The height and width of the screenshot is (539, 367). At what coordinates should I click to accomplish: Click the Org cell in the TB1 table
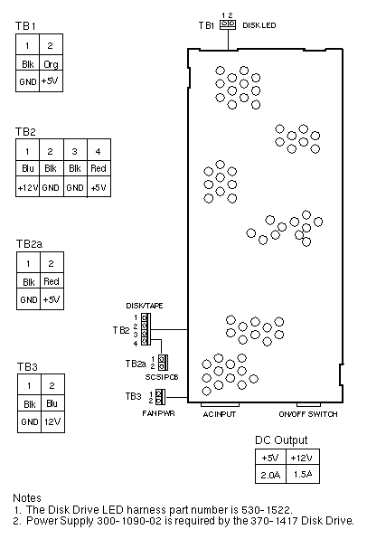coord(52,63)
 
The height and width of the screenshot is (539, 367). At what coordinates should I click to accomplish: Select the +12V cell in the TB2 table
coord(27,187)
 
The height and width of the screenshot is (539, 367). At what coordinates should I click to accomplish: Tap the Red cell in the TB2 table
coord(99,168)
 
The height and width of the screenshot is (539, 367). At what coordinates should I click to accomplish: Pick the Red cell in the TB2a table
coord(52,281)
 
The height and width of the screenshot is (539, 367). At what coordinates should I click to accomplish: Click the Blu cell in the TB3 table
coord(52,403)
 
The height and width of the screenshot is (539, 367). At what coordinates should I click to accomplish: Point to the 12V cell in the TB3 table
coord(52,421)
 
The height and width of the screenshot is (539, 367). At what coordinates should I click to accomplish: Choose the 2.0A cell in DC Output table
coord(270,475)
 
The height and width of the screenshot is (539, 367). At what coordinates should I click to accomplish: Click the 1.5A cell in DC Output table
coord(303,475)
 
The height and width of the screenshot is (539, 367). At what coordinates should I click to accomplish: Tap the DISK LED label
coord(259,25)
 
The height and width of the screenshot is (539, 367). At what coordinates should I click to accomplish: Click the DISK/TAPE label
coord(145,306)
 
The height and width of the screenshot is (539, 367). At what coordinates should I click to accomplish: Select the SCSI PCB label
coord(162,377)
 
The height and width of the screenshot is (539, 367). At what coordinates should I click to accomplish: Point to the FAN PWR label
coord(158,413)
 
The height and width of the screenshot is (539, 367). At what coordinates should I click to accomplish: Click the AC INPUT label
coord(220,414)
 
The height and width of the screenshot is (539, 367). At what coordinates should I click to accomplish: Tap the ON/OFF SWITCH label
coord(308,414)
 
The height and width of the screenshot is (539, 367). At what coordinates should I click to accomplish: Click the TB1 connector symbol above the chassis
coord(228,24)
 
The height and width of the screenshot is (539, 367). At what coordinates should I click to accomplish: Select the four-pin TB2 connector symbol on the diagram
coord(146,329)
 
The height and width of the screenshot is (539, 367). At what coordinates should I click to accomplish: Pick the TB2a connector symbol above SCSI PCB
coord(163,363)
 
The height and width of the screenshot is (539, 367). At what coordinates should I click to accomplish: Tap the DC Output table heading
coord(281,440)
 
